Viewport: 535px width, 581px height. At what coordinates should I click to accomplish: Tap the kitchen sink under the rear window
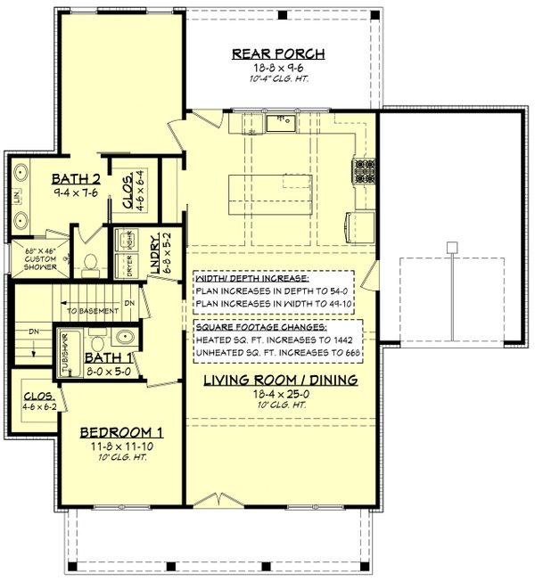283,123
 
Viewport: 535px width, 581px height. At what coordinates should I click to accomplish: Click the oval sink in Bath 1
125,341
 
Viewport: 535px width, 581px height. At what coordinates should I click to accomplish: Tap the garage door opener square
452,246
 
